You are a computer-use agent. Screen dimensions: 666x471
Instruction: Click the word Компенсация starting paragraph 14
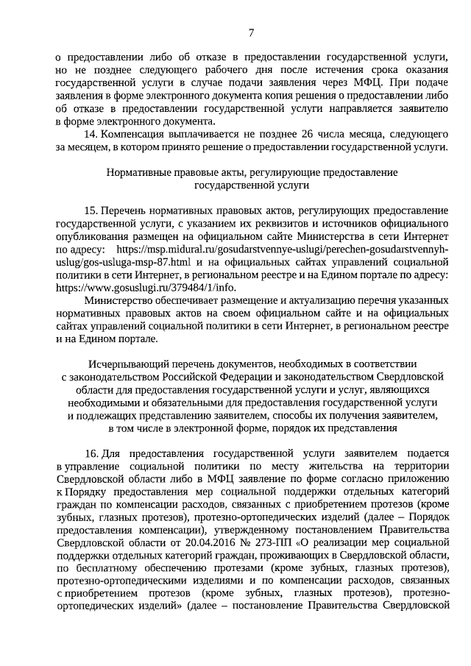[x=135, y=135]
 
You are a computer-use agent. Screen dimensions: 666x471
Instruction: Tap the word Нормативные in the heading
[x=141, y=172]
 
